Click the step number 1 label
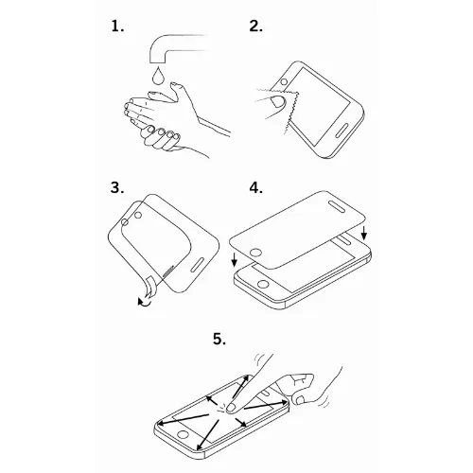[117, 26]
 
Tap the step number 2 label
[255, 26]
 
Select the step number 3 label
[117, 187]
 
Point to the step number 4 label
[256, 187]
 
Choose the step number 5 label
[219, 340]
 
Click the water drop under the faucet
[157, 76]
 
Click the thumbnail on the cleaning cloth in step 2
[278, 101]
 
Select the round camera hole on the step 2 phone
[284, 82]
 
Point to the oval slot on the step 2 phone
[342, 130]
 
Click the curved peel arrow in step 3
[145, 302]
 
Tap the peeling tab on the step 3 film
[150, 286]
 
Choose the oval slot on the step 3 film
[199, 265]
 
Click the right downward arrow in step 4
[364, 233]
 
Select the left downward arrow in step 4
[234, 259]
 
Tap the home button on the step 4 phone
[263, 284]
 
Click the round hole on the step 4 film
[255, 253]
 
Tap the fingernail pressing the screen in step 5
[233, 408]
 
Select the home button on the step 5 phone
[183, 434]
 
